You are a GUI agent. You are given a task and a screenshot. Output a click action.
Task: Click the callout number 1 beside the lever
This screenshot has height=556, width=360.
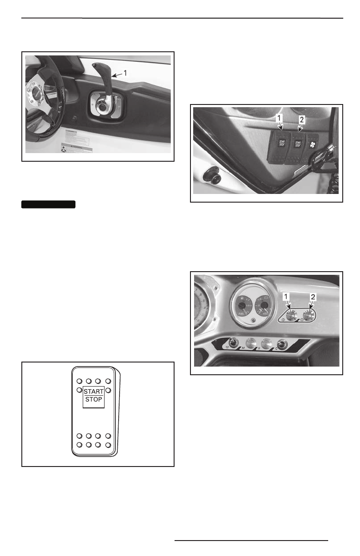pyautogui.click(x=125, y=72)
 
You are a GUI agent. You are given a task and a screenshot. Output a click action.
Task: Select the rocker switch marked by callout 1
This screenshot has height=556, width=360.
pyautogui.click(x=282, y=144)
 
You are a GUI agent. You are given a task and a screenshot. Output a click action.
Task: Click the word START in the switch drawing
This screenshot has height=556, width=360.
pyautogui.click(x=93, y=390)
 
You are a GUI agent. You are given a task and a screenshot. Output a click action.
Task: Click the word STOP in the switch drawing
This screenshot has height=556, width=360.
pyautogui.click(x=93, y=400)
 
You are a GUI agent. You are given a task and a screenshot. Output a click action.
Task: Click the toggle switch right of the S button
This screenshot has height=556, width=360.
pyautogui.click(x=283, y=345)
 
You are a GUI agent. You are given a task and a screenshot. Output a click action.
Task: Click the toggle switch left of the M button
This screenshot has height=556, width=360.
pyautogui.click(x=234, y=344)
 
